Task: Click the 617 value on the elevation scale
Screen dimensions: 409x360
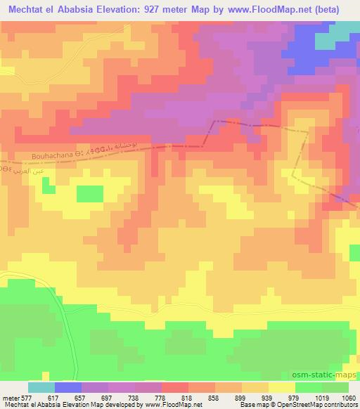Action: [53, 398]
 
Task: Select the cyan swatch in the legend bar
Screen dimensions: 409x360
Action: [41, 387]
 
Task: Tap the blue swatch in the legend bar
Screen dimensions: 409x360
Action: [67, 387]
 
